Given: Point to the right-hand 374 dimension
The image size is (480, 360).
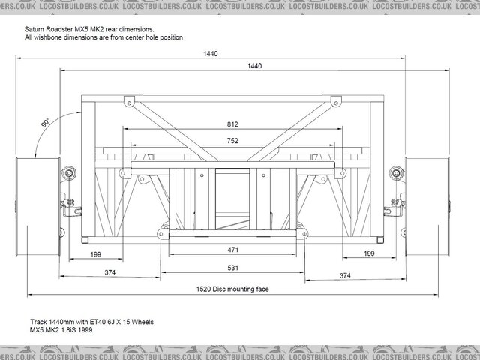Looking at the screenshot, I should point(345,276).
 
